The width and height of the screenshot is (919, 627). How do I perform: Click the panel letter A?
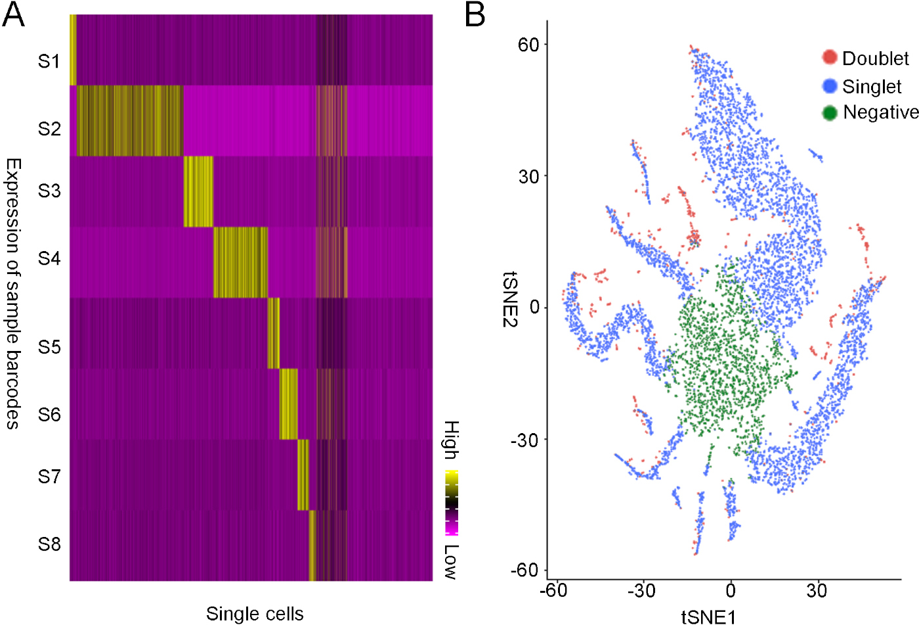coord(13,14)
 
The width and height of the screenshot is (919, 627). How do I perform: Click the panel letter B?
coord(475,14)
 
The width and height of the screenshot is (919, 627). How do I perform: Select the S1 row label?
coord(49,61)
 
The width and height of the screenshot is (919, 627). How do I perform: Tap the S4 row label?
coord(49,258)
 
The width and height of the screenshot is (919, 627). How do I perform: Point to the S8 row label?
coord(49,544)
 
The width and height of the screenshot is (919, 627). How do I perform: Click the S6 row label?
coord(49,415)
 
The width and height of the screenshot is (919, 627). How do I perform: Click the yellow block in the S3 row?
coord(198,191)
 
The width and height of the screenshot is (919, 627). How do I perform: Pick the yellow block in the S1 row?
coord(73,50)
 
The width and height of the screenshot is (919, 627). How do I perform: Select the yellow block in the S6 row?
coord(288,404)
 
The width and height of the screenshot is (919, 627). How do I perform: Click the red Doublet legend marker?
coord(830,57)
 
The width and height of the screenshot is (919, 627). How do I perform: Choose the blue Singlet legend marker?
coord(830,85)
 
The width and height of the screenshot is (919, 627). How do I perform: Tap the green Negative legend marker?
coord(830,112)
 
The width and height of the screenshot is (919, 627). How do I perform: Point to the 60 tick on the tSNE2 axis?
coord(528,45)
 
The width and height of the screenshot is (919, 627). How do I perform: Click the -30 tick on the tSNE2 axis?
coord(524,440)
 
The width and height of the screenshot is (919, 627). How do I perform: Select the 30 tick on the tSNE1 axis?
coord(817,591)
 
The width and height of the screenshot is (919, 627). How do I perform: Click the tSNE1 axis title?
coord(708,617)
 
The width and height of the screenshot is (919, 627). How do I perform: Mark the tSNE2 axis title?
coord(511,299)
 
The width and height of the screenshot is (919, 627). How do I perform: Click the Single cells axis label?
coord(255,614)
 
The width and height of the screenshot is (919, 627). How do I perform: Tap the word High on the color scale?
coord(451,440)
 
